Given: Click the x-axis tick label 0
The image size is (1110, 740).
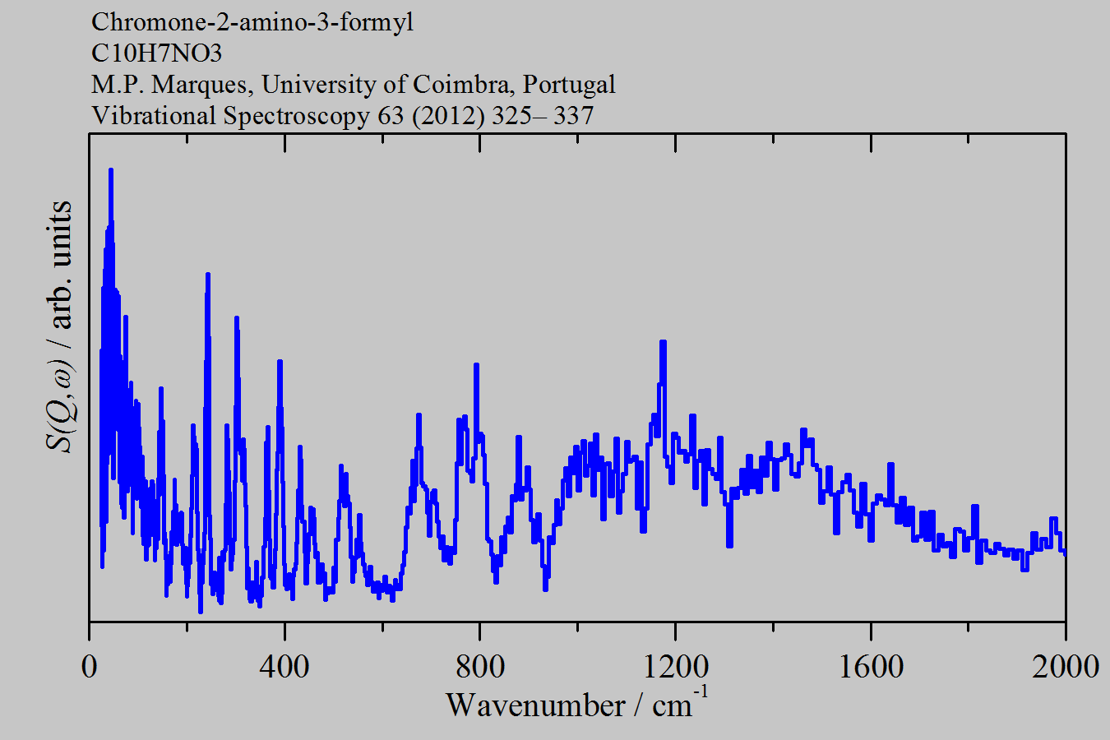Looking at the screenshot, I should (x=90, y=666).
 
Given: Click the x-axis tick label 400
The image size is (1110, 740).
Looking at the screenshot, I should (x=284, y=666).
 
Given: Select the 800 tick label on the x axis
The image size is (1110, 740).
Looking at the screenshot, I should (x=480, y=666).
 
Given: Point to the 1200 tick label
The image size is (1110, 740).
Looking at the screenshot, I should (x=676, y=666).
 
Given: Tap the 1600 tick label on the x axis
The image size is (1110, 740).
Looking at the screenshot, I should (x=871, y=666).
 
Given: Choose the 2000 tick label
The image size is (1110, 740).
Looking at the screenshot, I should (x=1066, y=666).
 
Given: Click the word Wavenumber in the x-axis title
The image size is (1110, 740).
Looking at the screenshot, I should (x=535, y=705).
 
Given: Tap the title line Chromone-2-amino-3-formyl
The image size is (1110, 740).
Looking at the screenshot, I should (x=252, y=21).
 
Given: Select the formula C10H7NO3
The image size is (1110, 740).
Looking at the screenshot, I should (x=156, y=53).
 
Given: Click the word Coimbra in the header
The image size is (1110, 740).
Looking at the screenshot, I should (x=464, y=84).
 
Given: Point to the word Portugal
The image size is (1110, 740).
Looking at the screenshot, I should (x=570, y=84).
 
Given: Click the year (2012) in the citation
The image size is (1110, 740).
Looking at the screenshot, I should (x=447, y=115).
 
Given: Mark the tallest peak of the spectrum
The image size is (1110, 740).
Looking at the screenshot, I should (x=110, y=169).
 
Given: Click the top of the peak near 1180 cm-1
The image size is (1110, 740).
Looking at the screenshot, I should (x=663, y=342).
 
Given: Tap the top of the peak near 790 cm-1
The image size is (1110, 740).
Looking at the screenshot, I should (x=476, y=364).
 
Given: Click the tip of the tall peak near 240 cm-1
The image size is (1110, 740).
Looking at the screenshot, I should (x=207, y=275).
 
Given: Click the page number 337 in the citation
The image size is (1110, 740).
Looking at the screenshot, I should (x=573, y=115).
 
